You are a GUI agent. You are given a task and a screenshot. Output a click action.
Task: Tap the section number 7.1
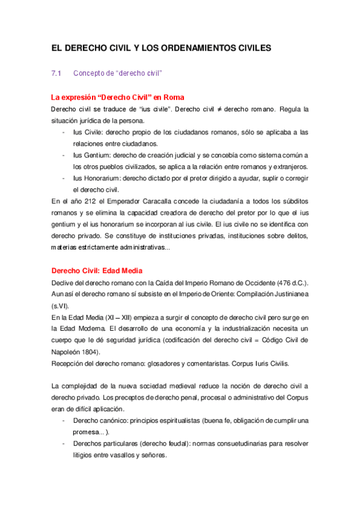coord(57,73)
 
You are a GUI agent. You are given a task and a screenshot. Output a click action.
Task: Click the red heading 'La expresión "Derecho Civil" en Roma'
coord(118,97)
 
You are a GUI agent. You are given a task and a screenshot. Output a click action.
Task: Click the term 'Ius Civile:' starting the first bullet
coord(88,132)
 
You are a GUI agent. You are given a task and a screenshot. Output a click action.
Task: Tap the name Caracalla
coord(159,201)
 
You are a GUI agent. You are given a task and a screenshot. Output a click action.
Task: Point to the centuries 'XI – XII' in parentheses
coord(108,317)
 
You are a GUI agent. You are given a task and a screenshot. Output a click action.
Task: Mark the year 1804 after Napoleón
coord(88,352)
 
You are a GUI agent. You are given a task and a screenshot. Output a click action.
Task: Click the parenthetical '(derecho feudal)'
coord(146,444)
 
